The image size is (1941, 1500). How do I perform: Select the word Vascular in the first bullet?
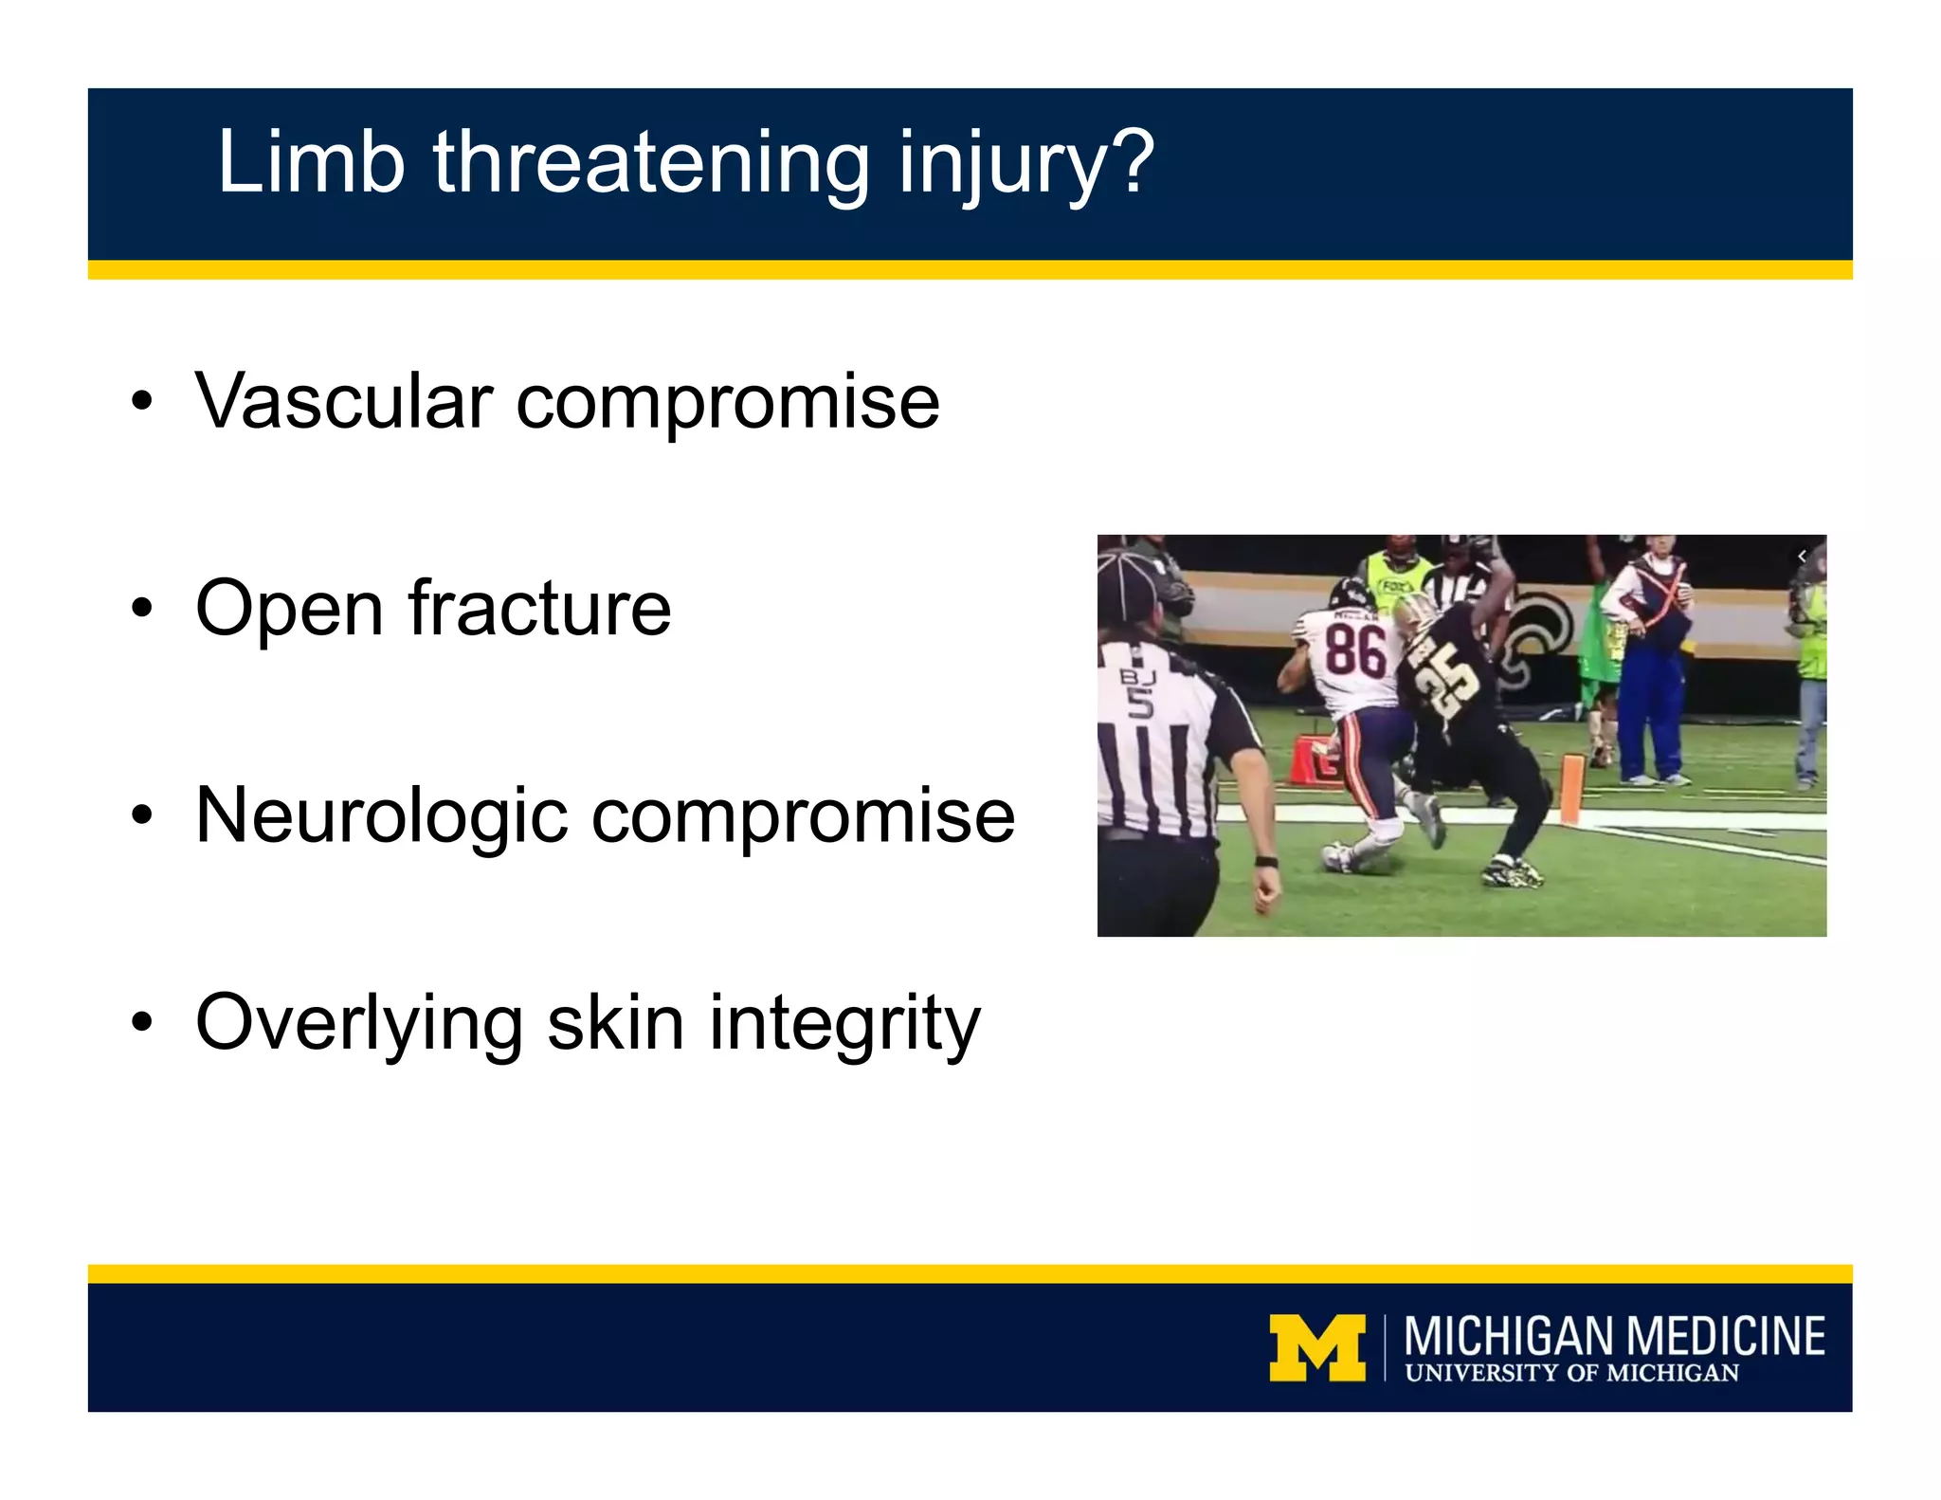pyautogui.click(x=343, y=401)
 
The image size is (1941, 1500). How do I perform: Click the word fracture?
pyautogui.click(x=539, y=608)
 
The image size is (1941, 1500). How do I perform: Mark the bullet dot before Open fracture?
pyautogui.click(x=142, y=608)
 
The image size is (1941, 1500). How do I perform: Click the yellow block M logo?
pyautogui.click(x=1317, y=1347)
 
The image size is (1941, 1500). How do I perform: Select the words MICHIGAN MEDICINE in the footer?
pyautogui.click(x=1614, y=1336)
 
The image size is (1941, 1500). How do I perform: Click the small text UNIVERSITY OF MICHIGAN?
pyautogui.click(x=1571, y=1373)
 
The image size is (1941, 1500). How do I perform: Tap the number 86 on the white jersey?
pyautogui.click(x=1354, y=651)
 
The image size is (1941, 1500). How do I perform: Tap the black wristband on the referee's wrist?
pyautogui.click(x=1266, y=862)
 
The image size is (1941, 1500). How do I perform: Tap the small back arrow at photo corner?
pyautogui.click(x=1802, y=557)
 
